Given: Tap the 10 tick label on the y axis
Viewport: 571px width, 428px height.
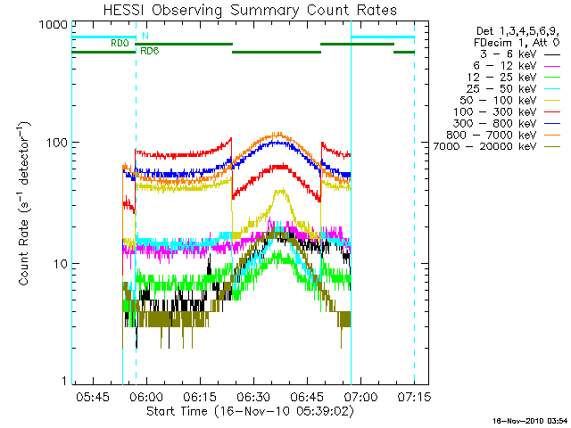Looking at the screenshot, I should tap(58, 264).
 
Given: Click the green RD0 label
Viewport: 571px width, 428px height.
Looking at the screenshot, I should tap(120, 43).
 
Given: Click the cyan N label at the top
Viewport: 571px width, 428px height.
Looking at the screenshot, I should tap(145, 35).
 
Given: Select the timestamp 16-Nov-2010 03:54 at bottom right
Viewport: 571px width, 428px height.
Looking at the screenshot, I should tap(529, 420).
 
